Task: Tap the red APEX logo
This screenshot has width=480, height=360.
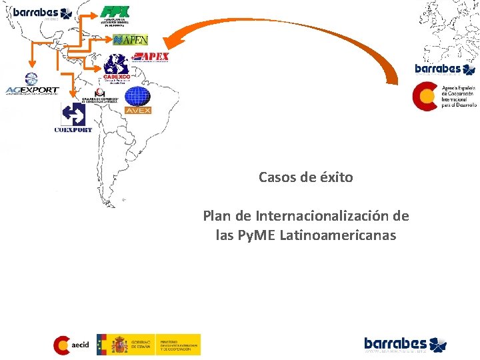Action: [x=151, y=57]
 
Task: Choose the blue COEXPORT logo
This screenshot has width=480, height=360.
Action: [x=73, y=119]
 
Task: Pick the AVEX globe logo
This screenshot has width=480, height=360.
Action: [x=138, y=100]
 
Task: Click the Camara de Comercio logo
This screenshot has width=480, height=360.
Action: [x=100, y=96]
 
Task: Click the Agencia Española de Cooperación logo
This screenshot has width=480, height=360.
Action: [x=444, y=96]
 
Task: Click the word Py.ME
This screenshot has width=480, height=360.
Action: [x=257, y=235]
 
